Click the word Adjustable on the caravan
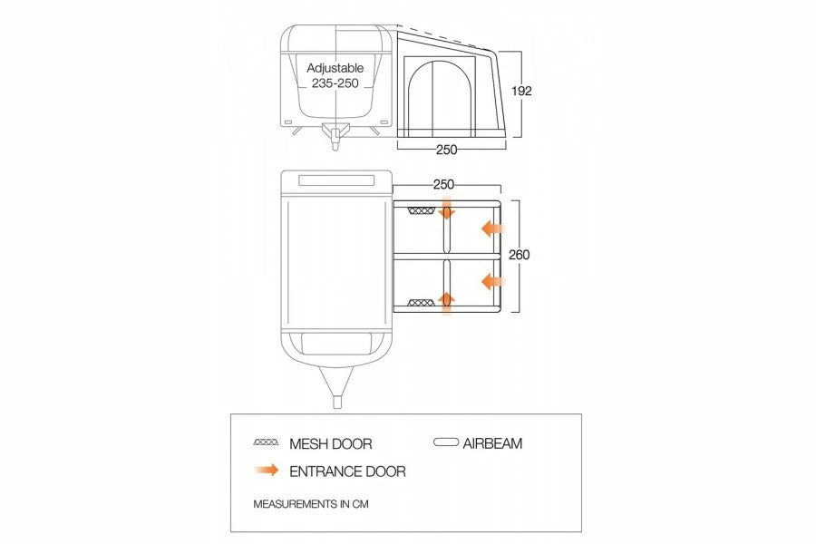click(x=335, y=68)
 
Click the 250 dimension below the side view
click(x=446, y=150)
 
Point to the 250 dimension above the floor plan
click(x=443, y=184)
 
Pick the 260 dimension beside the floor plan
click(x=520, y=255)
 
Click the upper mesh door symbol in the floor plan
click(x=422, y=211)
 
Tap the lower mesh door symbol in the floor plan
click(x=422, y=302)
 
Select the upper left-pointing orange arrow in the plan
click(x=492, y=228)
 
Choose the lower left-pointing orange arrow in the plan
click(x=492, y=280)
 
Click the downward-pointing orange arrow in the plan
click(x=446, y=213)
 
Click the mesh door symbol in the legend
click(x=267, y=443)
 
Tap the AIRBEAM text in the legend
click(x=492, y=443)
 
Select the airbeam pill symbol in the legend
click(x=446, y=443)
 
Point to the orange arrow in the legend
click(x=267, y=471)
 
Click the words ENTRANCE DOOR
click(x=347, y=471)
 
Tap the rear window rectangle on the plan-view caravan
click(x=335, y=181)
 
